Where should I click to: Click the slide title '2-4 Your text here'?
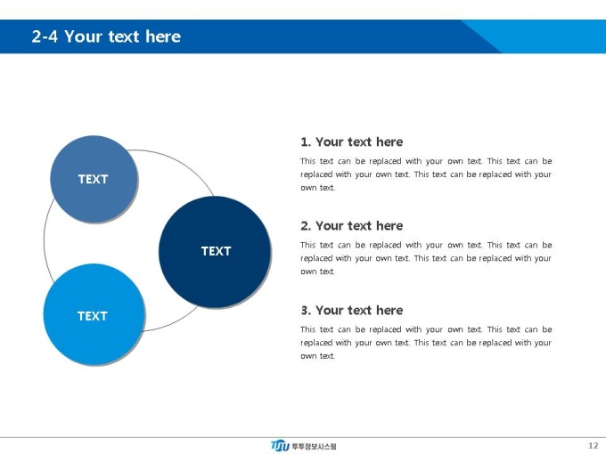pyautogui.click(x=106, y=36)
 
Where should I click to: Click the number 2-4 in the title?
pyautogui.click(x=45, y=36)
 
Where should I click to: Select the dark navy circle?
pyautogui.click(x=215, y=252)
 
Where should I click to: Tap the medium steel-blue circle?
pyautogui.click(x=94, y=179)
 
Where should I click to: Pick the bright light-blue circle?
pyautogui.click(x=94, y=314)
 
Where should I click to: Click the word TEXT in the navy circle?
pyautogui.click(x=216, y=251)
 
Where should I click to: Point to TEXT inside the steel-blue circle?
pyautogui.click(x=94, y=179)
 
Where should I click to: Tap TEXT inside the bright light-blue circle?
pyautogui.click(x=93, y=316)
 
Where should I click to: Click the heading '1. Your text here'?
pyautogui.click(x=352, y=142)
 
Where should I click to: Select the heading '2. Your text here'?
pyautogui.click(x=352, y=226)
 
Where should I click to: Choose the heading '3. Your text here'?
pyautogui.click(x=352, y=311)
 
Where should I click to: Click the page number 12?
pyautogui.click(x=594, y=445)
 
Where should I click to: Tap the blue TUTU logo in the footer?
pyautogui.click(x=280, y=445)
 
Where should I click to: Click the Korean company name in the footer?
pyautogui.click(x=314, y=447)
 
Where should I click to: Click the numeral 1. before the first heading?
pyautogui.click(x=306, y=142)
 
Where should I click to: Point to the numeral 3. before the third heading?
pyautogui.click(x=306, y=311)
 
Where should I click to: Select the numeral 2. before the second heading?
pyautogui.click(x=306, y=226)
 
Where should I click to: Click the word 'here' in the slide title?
pyautogui.click(x=163, y=36)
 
